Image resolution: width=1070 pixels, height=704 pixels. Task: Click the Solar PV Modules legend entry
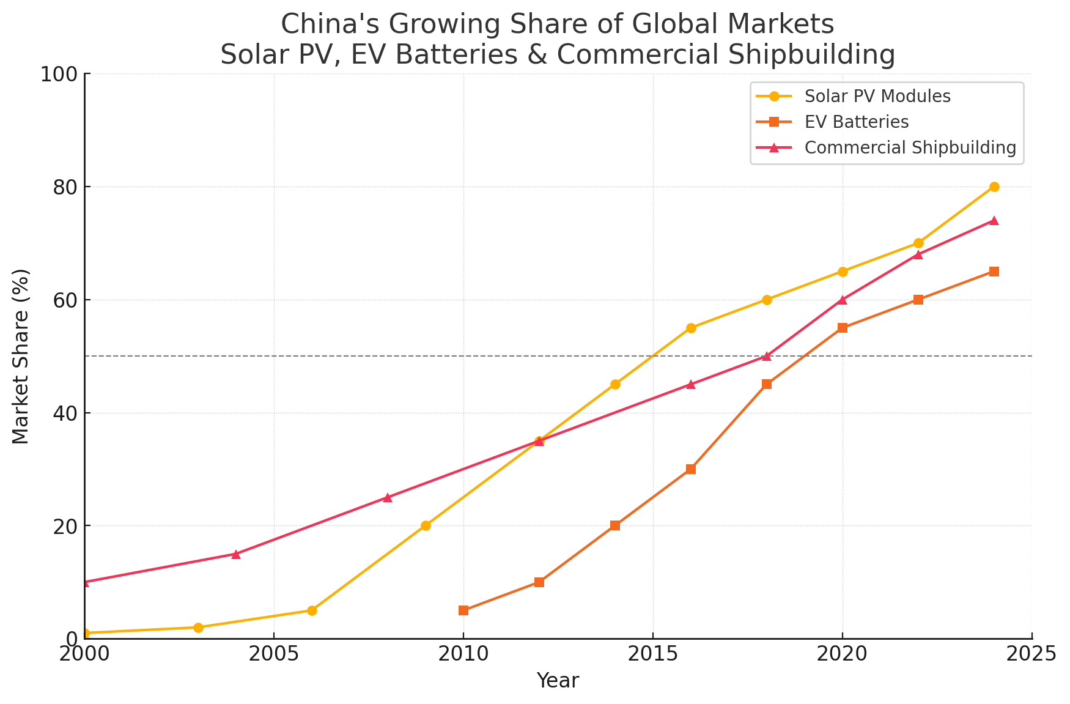[x=877, y=97]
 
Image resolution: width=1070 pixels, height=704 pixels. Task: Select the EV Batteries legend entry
[x=857, y=122]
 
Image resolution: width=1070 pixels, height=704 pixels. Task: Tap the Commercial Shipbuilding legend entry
[x=910, y=148]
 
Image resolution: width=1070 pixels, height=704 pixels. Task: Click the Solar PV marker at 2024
[x=994, y=187]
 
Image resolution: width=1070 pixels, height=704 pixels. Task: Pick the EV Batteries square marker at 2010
[x=463, y=610]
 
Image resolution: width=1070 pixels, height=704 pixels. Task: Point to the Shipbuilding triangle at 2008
[x=388, y=497]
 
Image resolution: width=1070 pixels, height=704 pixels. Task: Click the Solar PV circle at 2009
[x=426, y=525]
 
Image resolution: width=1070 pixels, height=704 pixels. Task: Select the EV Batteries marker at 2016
[x=691, y=469]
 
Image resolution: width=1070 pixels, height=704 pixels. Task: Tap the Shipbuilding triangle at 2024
[x=994, y=220]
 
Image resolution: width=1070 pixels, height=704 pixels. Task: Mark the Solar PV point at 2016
[x=691, y=328]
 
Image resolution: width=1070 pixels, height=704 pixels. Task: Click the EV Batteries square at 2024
[x=994, y=272]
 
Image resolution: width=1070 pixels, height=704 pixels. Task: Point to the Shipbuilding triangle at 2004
[x=236, y=554]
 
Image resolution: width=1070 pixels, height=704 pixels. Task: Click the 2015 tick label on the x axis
[x=653, y=655]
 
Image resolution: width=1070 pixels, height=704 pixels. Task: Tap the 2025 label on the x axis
[x=1032, y=655]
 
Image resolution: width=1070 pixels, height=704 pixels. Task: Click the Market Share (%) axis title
[x=21, y=356]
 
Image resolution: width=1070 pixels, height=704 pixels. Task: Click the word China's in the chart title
[x=324, y=25]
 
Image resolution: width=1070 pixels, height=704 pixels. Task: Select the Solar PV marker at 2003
[x=198, y=628]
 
